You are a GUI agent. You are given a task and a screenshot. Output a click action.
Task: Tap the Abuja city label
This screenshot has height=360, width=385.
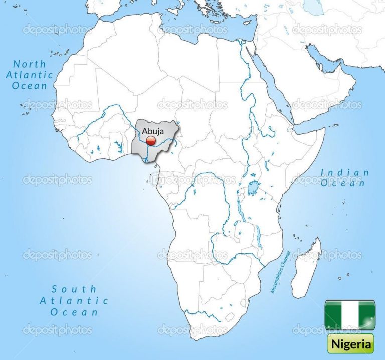[x=153, y=131]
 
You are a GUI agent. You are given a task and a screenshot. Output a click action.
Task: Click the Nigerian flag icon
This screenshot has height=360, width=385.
[x=349, y=315]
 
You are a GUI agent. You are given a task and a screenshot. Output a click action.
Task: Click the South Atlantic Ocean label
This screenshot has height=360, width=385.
[x=74, y=300]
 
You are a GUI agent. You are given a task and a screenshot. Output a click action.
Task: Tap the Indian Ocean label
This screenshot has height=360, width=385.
[x=345, y=178]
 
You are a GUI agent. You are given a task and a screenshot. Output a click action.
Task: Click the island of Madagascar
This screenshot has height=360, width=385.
[x=306, y=268]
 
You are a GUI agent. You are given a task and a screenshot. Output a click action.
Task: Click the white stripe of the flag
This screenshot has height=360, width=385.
[x=349, y=315]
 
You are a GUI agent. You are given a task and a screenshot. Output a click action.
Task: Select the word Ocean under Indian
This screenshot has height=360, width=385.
[x=345, y=184]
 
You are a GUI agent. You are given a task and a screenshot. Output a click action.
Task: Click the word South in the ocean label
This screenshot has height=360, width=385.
[x=74, y=289]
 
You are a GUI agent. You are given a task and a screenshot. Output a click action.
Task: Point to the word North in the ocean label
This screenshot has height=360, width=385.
[x=30, y=64]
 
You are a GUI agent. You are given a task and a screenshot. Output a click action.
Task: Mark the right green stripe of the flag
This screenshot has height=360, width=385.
[x=366, y=315]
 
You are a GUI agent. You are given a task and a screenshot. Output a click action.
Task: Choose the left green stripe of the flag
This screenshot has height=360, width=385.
[x=333, y=315]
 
